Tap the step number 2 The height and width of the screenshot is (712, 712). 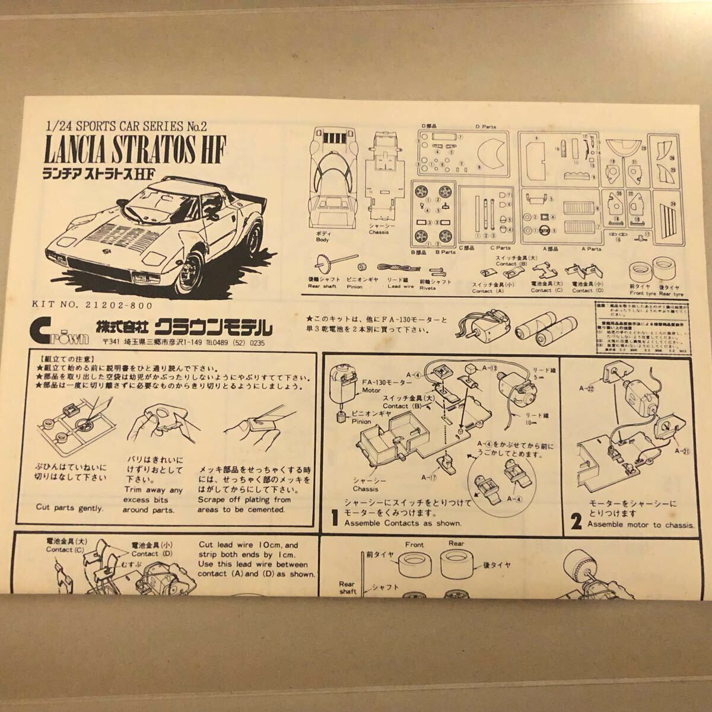pyautogui.click(x=576, y=522)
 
